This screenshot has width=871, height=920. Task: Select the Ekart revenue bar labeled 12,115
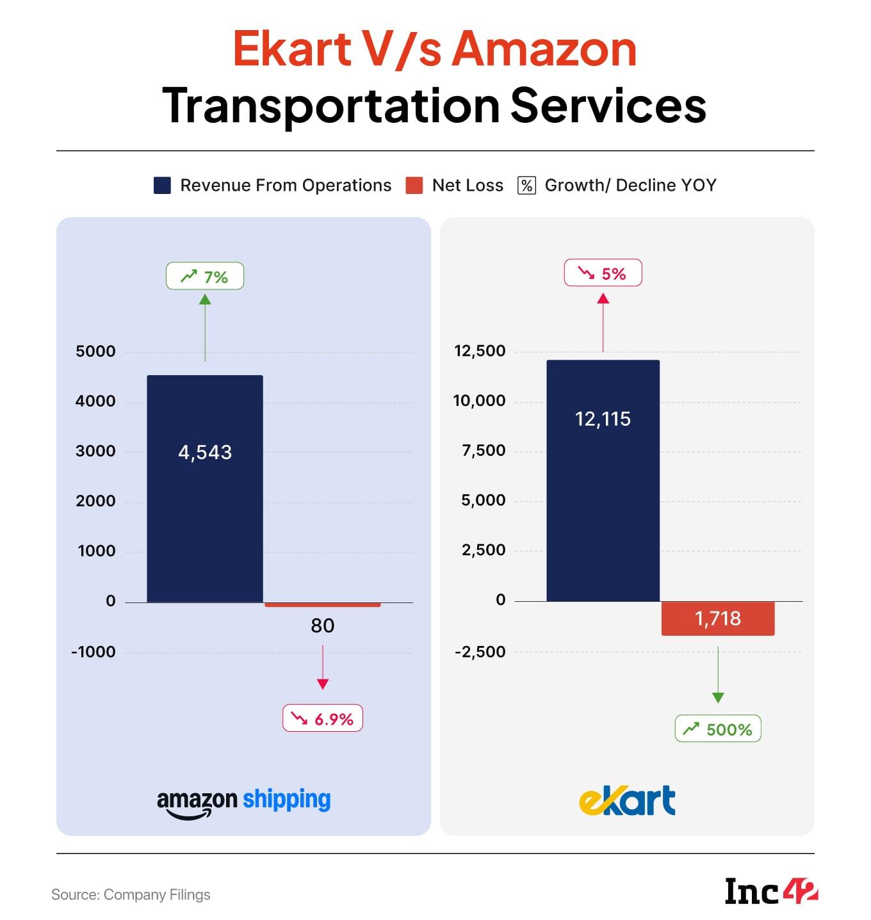tap(603, 480)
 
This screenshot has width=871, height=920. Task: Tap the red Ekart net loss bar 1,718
tap(718, 618)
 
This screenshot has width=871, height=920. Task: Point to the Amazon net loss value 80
tap(323, 625)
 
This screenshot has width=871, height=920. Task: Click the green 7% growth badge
tap(205, 277)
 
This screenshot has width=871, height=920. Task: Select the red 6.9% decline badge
tap(323, 718)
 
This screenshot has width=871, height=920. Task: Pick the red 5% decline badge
tap(603, 273)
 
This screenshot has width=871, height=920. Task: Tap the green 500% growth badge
tap(718, 729)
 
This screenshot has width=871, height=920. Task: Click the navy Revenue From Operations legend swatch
tap(163, 186)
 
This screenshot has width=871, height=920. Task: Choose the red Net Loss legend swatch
tap(414, 186)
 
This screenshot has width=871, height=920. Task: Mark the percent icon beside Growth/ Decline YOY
tap(526, 186)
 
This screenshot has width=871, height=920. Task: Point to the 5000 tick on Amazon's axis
tap(95, 351)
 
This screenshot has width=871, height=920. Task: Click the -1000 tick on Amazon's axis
tap(94, 652)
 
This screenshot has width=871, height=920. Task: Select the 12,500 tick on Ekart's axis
tap(480, 351)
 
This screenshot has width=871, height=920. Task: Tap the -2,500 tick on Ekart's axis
tap(480, 652)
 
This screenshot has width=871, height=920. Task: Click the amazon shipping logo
tap(244, 802)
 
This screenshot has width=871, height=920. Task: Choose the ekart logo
tap(627, 801)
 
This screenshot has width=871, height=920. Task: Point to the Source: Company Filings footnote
tap(131, 895)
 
